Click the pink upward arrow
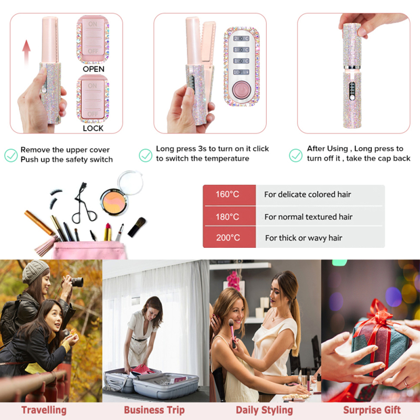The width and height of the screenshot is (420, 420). [x=26, y=52]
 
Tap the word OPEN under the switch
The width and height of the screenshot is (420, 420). [x=93, y=69]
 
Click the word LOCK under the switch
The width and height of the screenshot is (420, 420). [x=93, y=128]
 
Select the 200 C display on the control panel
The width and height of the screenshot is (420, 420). [x=241, y=38]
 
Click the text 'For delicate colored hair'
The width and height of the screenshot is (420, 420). [x=308, y=194]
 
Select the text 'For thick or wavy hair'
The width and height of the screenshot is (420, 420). [x=304, y=238]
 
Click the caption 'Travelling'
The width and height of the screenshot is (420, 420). [x=44, y=410]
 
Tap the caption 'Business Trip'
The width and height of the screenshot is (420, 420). [x=154, y=410]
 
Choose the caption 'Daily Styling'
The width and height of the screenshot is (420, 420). [x=265, y=411]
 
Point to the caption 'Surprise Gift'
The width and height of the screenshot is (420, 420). [x=372, y=410]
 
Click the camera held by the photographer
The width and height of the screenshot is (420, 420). [x=76, y=281]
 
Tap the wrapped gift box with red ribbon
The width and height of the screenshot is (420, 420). [x=380, y=340]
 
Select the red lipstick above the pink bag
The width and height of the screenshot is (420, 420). [x=108, y=232]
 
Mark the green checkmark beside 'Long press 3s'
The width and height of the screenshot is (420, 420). [x=145, y=155]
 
